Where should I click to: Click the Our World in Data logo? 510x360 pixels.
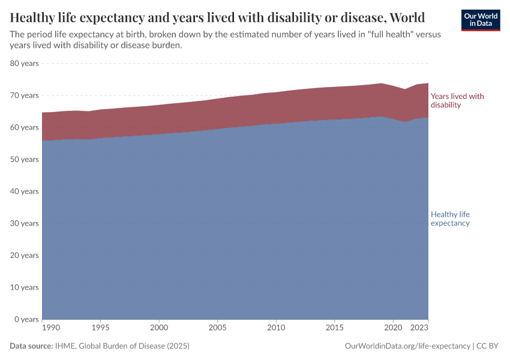click(x=480, y=20)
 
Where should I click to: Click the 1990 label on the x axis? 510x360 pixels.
click(x=50, y=328)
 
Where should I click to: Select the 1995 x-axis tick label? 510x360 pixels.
click(x=100, y=328)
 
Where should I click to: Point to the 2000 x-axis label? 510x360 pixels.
click(x=158, y=328)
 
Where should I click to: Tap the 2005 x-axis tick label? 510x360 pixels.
click(x=217, y=328)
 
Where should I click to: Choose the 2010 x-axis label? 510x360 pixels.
click(x=275, y=328)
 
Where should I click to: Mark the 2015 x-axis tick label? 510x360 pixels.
click(x=334, y=328)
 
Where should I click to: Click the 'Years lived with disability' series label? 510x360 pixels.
click(x=457, y=100)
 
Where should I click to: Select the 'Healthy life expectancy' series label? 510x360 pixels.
click(x=450, y=218)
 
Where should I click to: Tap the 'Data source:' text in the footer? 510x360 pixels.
click(x=31, y=346)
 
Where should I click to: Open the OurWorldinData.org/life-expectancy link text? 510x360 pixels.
click(x=407, y=346)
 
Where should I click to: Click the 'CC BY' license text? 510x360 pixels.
click(x=488, y=346)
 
